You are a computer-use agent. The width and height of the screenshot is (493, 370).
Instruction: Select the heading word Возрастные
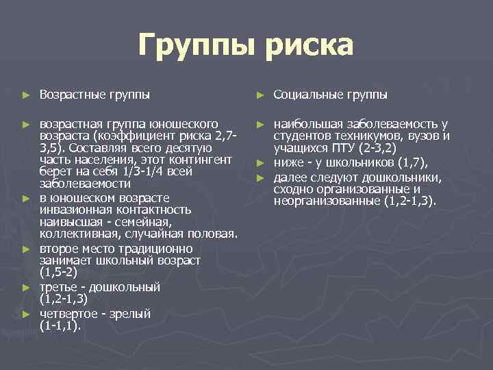(x=71, y=94)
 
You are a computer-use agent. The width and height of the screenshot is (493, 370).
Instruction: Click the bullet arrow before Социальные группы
(x=260, y=94)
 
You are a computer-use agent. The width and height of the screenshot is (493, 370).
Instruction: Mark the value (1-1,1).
(x=60, y=326)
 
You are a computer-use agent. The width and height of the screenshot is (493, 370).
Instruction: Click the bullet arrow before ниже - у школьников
(x=260, y=162)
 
